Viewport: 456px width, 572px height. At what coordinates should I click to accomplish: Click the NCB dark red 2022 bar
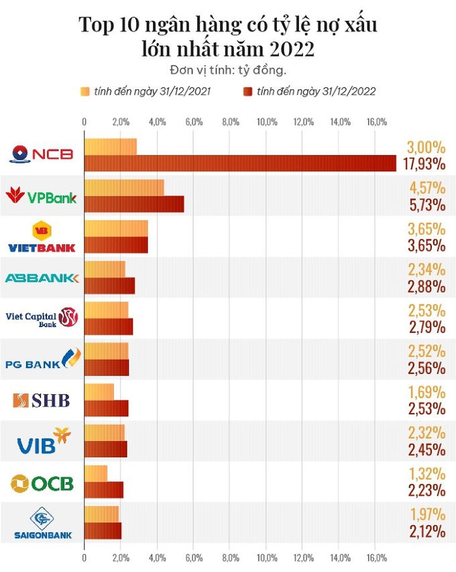pos(240,163)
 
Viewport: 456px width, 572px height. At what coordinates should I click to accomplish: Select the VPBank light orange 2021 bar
pos(124,188)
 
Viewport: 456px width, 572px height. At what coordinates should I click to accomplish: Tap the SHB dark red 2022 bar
pos(106,408)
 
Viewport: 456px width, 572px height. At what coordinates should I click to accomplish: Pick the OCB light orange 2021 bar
pos(95,473)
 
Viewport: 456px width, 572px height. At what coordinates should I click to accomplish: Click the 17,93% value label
pos(425,164)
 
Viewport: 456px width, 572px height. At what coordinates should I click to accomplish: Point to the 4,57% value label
pos(425,187)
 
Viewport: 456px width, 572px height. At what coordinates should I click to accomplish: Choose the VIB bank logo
pos(44,440)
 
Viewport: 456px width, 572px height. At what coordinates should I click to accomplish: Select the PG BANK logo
pos(43,359)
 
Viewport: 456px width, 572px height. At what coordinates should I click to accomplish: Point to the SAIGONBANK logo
pos(43,523)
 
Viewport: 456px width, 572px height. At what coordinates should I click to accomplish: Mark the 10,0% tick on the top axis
pos(267,121)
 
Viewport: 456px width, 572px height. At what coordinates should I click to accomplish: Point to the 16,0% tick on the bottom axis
pos(376,557)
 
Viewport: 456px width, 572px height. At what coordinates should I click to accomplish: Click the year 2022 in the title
pos(290,49)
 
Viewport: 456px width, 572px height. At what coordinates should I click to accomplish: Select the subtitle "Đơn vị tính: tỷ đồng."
pos(228,70)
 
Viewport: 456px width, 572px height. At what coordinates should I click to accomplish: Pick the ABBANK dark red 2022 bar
pos(109,286)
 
